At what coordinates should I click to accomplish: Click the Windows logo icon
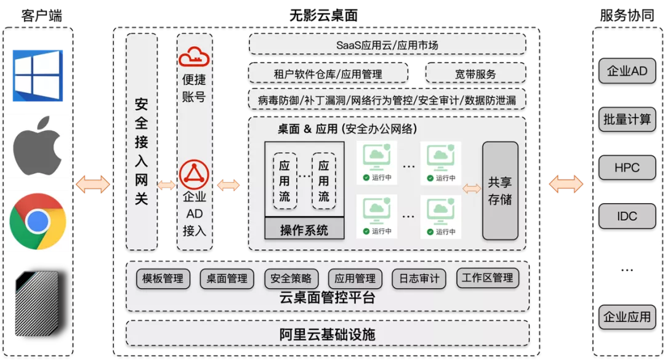[x=38, y=76]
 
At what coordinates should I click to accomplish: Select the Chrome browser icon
[x=38, y=222]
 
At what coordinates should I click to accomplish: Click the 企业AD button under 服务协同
[x=627, y=71]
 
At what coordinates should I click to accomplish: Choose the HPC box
[x=627, y=168]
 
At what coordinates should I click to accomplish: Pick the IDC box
[x=627, y=216]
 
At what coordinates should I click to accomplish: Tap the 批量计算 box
[x=627, y=119]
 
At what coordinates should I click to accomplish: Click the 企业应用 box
[x=627, y=317]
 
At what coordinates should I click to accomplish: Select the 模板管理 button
[x=163, y=279]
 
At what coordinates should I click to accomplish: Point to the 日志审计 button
[x=419, y=279]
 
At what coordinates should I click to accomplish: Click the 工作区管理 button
[x=487, y=278]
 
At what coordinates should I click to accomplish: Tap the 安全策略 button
[x=291, y=279]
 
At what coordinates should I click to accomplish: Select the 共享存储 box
[x=500, y=191]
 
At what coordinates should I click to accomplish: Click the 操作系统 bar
[x=304, y=229]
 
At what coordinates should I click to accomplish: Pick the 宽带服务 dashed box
[x=475, y=74]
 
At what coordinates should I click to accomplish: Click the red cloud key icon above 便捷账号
[x=194, y=57]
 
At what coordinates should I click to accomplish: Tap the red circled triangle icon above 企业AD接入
[x=194, y=174]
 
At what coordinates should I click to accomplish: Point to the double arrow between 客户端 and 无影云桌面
[x=93, y=185]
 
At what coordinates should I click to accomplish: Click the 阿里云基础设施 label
[x=327, y=335]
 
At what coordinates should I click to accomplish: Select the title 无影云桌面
[x=323, y=15]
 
